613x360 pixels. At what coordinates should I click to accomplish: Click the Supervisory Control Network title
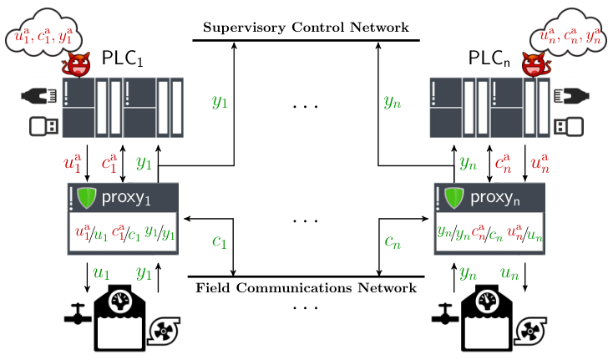306,28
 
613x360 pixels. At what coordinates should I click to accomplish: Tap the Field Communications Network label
306,288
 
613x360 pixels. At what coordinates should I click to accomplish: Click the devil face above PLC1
77,64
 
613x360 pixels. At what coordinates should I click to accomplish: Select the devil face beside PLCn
535,64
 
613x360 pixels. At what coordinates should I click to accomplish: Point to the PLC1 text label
123,58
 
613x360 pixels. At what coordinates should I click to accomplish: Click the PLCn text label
489,58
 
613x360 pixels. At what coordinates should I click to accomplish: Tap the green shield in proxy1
86,198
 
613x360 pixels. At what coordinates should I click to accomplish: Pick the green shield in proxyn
453,198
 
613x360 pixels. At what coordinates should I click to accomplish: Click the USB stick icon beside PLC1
44,126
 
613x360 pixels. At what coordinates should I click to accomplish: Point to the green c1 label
220,242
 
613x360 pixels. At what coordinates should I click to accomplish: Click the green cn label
393,242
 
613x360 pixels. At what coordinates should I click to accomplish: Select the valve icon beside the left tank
78,314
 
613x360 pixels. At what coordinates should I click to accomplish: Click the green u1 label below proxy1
101,273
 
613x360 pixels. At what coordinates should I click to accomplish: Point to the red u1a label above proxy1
73,163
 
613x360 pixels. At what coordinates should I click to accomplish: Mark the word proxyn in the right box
495,198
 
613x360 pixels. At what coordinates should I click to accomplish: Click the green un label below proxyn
509,273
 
